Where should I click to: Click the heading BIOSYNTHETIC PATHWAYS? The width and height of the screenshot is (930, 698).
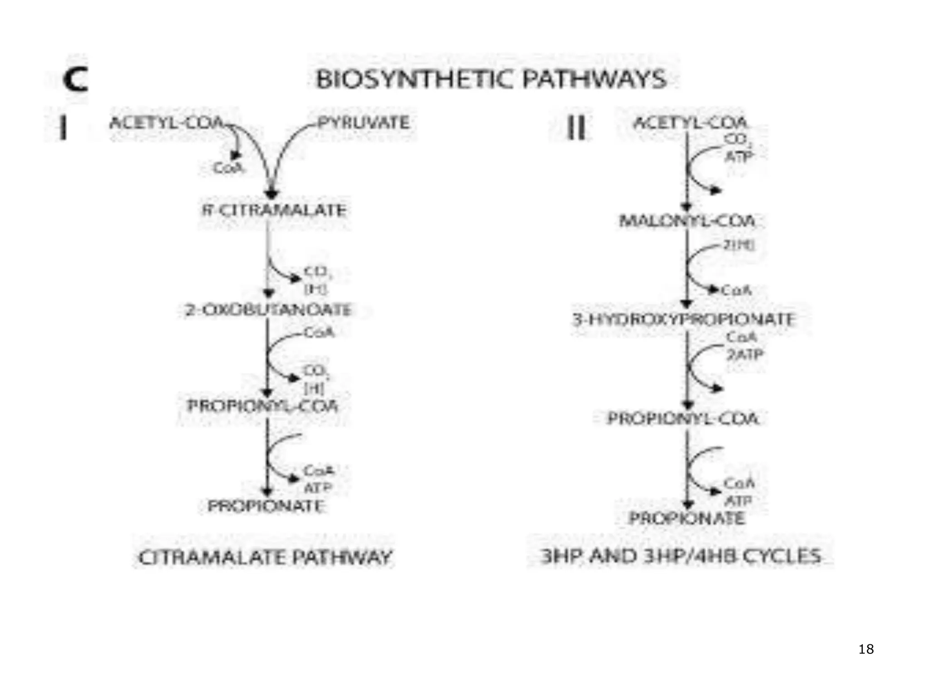coord(491,79)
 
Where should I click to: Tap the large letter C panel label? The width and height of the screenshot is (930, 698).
coord(75,80)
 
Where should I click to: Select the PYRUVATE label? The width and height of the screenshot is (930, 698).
coord(363,123)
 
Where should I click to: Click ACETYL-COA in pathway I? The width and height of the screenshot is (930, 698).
coord(167,123)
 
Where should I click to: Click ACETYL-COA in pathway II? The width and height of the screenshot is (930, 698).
coord(690,123)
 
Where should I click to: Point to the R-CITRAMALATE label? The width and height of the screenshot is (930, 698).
coord(274,210)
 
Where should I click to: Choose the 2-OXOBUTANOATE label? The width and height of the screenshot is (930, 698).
coord(268,310)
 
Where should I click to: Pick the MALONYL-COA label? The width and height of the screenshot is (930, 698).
coord(688,221)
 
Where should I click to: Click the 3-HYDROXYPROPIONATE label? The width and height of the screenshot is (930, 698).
coord(683,319)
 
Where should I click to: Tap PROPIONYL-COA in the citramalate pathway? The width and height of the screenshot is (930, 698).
coord(263,405)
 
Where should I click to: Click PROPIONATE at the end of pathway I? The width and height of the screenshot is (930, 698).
coord(266,506)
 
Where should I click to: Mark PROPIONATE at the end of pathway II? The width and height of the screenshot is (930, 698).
coord(687,518)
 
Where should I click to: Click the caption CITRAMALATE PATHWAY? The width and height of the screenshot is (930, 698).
coord(265,557)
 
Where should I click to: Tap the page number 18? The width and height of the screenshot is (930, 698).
coord(866,649)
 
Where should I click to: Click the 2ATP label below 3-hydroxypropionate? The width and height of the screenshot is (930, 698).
coord(745,354)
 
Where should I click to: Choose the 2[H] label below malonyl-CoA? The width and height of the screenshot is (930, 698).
coord(739,245)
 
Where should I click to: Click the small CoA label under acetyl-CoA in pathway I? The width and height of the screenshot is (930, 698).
coord(228,169)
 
